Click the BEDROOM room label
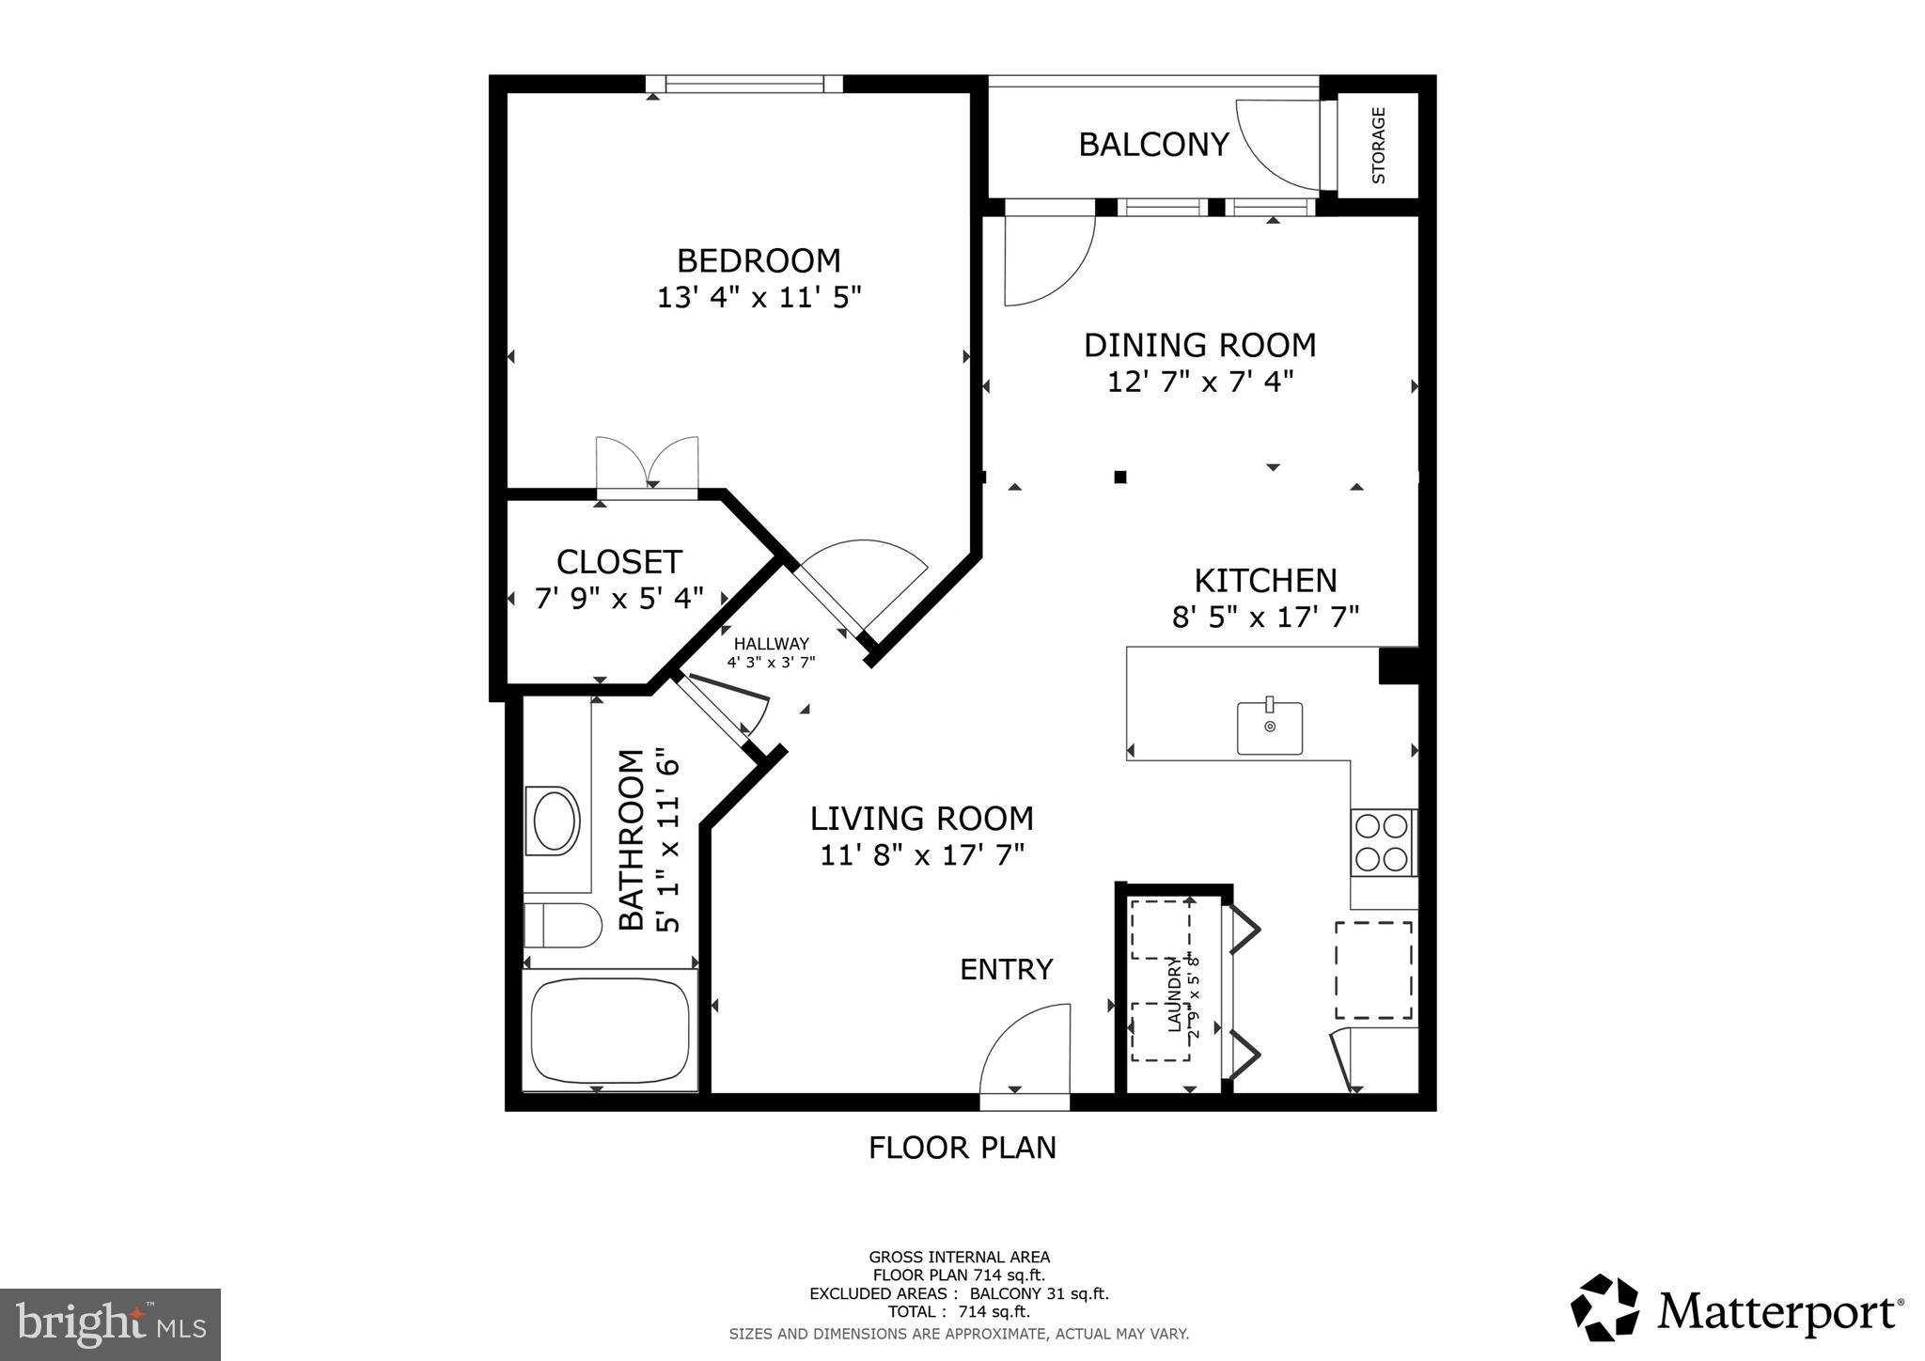759,260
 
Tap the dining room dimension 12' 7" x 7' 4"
1200,383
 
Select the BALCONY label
1153,145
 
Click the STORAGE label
1379,146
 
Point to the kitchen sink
1269,727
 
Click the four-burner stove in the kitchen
1384,842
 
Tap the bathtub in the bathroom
610,1030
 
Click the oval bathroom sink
555,821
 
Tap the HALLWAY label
771,644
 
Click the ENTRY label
1006,969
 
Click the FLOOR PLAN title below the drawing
962,1148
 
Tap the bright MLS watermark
110,1324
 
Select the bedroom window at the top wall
744,85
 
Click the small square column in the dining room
1119,477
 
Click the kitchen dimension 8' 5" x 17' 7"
1265,618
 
